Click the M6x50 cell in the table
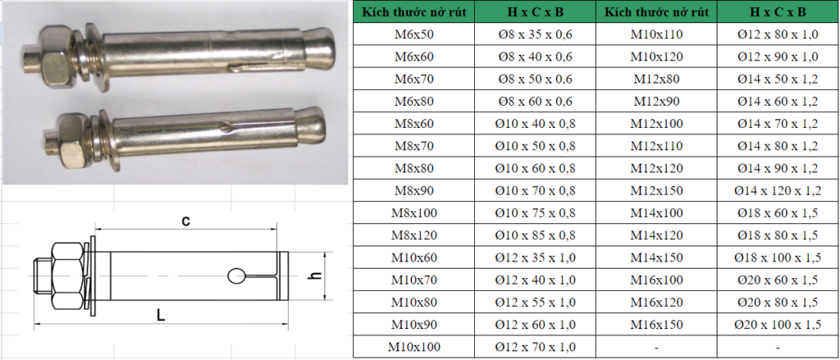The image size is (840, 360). [413, 34]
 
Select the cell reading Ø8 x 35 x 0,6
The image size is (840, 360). [535, 34]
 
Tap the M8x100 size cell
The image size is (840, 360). [413, 213]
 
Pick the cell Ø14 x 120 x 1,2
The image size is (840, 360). [778, 191]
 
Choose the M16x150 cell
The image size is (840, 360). [656, 325]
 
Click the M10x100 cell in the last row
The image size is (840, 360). [413, 347]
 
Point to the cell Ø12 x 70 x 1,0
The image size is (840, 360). [535, 347]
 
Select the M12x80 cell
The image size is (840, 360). [656, 80]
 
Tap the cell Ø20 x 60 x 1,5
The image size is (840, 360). [778, 280]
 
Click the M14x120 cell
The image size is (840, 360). [656, 235]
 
